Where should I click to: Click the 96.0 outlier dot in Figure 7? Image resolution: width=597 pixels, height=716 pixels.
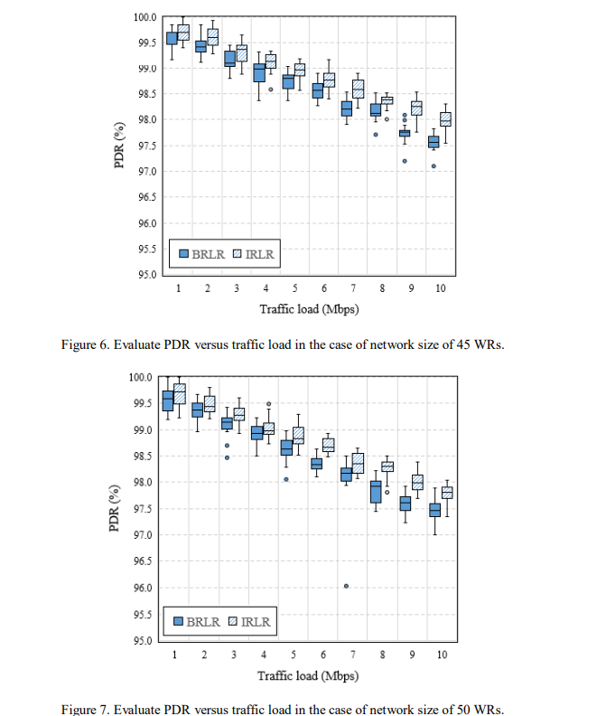[346, 586]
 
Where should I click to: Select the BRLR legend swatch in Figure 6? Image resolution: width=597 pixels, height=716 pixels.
[184, 255]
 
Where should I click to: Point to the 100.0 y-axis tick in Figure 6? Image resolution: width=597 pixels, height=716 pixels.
[145, 17]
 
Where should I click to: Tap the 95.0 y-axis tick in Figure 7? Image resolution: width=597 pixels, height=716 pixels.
[145, 641]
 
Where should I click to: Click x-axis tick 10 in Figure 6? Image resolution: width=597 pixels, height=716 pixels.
[439, 288]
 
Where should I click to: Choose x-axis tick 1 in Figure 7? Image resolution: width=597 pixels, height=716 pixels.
[173, 655]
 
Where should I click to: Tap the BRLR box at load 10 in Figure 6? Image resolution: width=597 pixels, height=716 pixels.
[434, 142]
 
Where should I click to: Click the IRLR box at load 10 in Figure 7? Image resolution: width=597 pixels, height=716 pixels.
[446, 493]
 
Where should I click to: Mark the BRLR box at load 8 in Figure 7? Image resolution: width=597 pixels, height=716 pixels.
[376, 492]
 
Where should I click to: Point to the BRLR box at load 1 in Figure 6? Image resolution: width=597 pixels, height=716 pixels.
[172, 38]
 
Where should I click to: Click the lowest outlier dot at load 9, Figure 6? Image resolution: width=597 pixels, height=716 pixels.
[405, 161]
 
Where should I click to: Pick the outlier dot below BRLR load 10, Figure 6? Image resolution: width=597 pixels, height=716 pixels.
[434, 166]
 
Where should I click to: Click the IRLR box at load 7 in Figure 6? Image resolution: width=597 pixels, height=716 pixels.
[358, 89]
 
